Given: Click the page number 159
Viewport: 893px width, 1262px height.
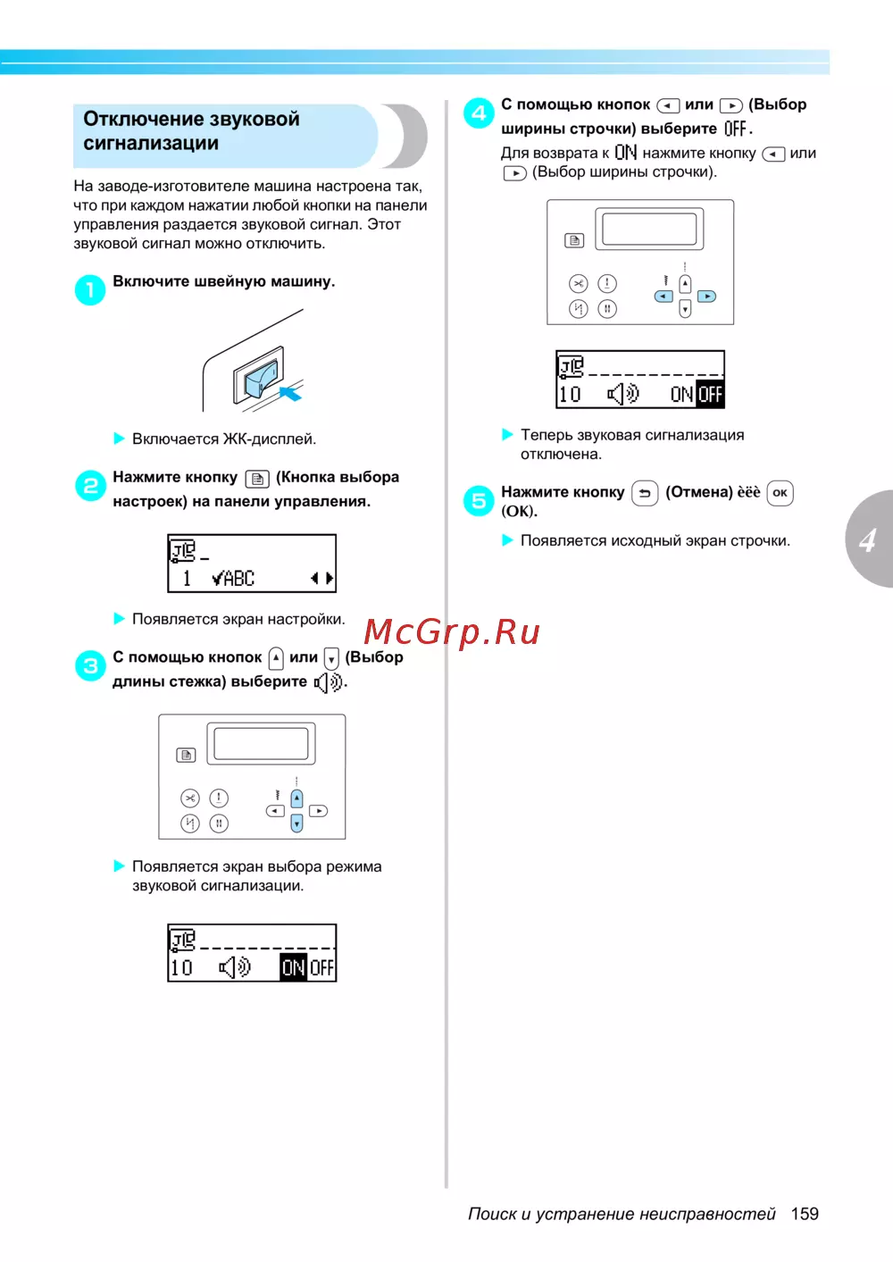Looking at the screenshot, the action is tap(805, 1214).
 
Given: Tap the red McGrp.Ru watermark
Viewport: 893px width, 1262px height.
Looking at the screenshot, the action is tap(452, 631).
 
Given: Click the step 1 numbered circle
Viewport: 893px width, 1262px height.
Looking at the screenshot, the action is tap(90, 290).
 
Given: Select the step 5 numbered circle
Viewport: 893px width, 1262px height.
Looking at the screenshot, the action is tap(479, 501).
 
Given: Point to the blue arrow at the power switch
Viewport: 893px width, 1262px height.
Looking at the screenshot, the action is tap(291, 393).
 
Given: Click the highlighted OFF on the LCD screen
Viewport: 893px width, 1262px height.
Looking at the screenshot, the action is tap(711, 395).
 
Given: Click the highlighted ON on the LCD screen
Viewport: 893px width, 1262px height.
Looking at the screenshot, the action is tap(294, 968).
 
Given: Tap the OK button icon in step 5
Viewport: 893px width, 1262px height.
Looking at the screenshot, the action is tap(780, 493).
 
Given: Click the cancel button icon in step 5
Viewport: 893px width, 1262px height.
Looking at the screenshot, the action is tap(645, 493).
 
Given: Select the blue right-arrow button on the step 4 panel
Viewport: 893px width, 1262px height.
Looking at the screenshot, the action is tap(706, 297).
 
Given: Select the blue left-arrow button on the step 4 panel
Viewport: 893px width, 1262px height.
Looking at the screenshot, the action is tap(663, 297).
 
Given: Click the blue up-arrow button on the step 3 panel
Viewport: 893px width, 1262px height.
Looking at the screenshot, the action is tap(296, 798).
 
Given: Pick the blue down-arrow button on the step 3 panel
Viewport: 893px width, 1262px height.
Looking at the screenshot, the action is tap(296, 823).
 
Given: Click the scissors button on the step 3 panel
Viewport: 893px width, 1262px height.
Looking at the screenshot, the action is tap(190, 798).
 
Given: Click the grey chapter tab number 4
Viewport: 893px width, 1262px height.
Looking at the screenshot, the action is tap(868, 540).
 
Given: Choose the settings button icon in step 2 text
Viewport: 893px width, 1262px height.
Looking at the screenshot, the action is tap(257, 479).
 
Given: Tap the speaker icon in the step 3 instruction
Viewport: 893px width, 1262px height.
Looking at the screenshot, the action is tap(328, 683).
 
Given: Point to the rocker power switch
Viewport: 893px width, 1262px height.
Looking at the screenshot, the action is tap(259, 374).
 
